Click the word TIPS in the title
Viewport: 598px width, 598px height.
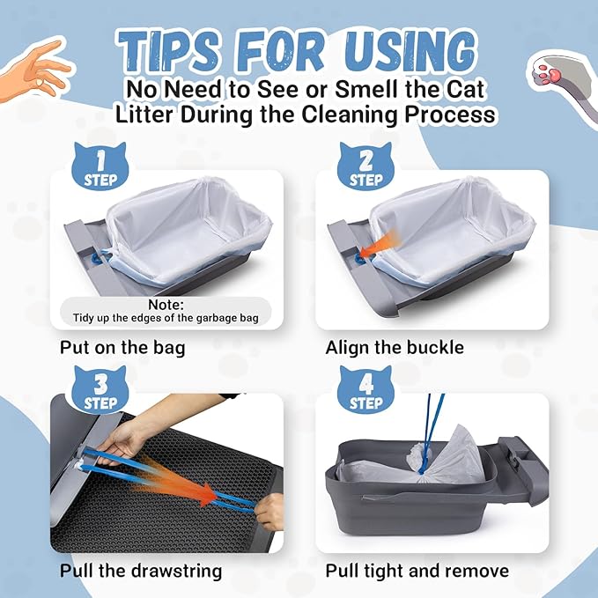pos(170,51)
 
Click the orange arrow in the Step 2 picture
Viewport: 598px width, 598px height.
pos(380,244)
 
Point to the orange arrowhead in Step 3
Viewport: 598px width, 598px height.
pos(209,495)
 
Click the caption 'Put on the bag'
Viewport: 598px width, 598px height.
pos(122,348)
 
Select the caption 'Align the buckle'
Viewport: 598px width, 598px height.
pos(395,347)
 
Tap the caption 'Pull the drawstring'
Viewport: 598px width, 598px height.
pos(141,572)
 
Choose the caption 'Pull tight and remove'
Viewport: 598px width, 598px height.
pos(417,572)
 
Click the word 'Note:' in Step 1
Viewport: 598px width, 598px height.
pos(166,305)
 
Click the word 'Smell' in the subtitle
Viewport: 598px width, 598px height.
pos(367,89)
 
